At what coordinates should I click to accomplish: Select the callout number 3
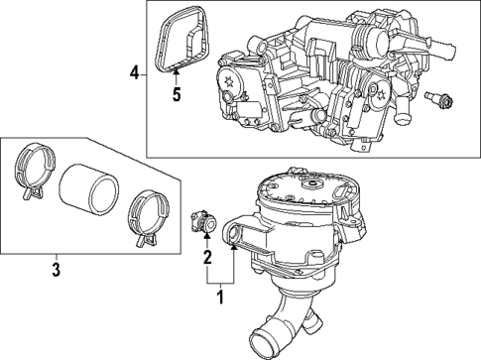pos(57,268)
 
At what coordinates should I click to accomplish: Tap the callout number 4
pos(134,72)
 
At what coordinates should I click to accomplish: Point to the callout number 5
pos(178,95)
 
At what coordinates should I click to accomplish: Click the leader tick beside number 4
pos(146,72)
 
